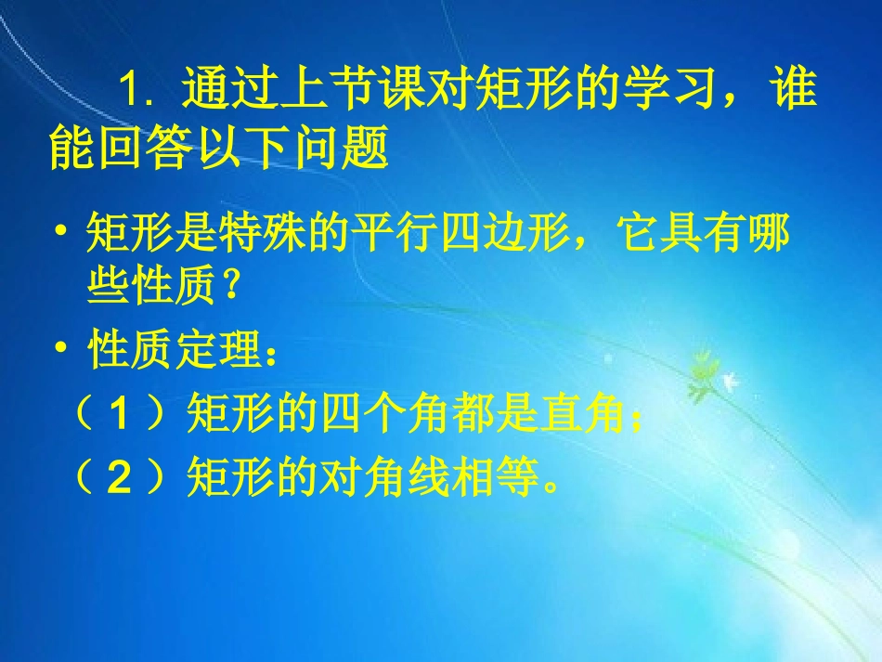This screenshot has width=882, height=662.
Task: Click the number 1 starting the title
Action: [129, 92]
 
